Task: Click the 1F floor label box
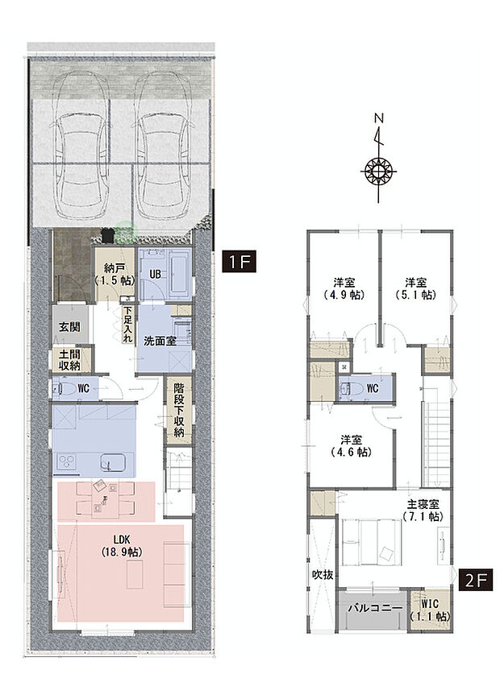coord(239,262)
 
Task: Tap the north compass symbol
coord(377,171)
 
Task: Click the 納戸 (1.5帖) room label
coord(113,275)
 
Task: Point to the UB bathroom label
coord(153,273)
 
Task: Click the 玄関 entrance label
coord(69,328)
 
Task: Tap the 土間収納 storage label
coord(69,359)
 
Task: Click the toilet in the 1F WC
coord(67,389)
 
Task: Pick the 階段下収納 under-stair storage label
coord(180,408)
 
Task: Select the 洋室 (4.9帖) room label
coord(344,289)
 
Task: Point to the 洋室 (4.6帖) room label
coord(350,446)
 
